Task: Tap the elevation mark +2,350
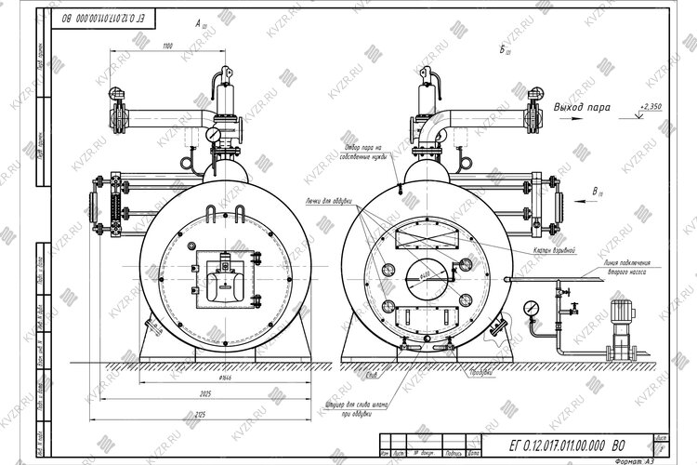650,107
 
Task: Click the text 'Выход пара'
582,108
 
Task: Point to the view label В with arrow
595,192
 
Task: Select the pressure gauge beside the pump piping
532,307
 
